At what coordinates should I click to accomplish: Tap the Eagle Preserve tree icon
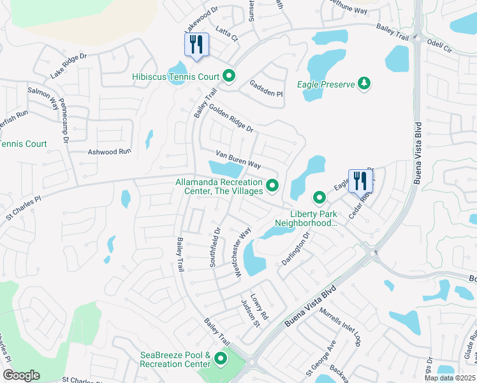pos(364,84)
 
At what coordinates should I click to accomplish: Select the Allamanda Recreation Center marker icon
pos(273,186)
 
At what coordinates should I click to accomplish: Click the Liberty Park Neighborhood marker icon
pos(319,195)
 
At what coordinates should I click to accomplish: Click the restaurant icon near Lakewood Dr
pos(196,45)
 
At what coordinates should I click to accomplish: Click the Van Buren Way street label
pos(238,160)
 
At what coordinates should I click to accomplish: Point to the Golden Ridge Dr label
pos(231,119)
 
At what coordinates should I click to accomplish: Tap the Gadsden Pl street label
pos(266,89)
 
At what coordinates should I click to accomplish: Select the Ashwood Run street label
pos(109,152)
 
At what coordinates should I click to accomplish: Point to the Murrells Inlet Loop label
pos(341,326)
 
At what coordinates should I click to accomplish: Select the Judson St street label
pos(250,313)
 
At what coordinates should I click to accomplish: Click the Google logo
pos(21,375)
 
